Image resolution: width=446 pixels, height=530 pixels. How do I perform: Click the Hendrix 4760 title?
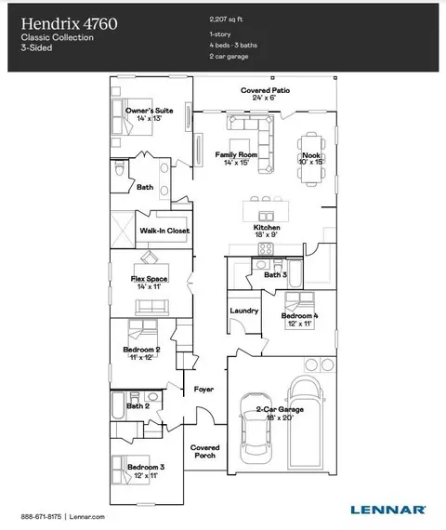coord(70,23)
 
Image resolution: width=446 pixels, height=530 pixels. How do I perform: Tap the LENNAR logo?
coord(387,510)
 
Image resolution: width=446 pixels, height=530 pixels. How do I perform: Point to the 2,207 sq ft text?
coord(226,20)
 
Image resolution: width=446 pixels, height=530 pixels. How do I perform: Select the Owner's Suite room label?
coord(149,111)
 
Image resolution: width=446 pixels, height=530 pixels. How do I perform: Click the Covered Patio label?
coord(265,90)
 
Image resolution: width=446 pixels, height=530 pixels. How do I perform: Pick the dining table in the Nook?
coord(311,159)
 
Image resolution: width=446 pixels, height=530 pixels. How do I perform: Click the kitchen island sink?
coord(266,217)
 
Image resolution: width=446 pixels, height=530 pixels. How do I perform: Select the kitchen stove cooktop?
coord(266,248)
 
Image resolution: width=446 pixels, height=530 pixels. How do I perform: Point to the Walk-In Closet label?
coord(164,231)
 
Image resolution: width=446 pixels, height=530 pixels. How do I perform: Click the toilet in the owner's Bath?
coord(119,167)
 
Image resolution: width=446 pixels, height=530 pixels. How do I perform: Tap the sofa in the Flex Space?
coord(152,307)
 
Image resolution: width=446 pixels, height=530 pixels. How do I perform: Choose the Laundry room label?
coord(244,311)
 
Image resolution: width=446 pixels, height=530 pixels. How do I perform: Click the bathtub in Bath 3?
coord(295,273)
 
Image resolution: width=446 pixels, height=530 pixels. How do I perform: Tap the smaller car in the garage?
coord(256,429)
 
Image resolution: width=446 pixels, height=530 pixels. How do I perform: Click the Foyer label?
coord(203,390)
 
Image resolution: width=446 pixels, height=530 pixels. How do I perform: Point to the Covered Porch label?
coord(204,451)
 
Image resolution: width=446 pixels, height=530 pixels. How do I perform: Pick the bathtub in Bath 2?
coord(118,405)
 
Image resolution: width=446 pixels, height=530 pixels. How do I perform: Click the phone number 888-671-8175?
coord(41,516)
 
